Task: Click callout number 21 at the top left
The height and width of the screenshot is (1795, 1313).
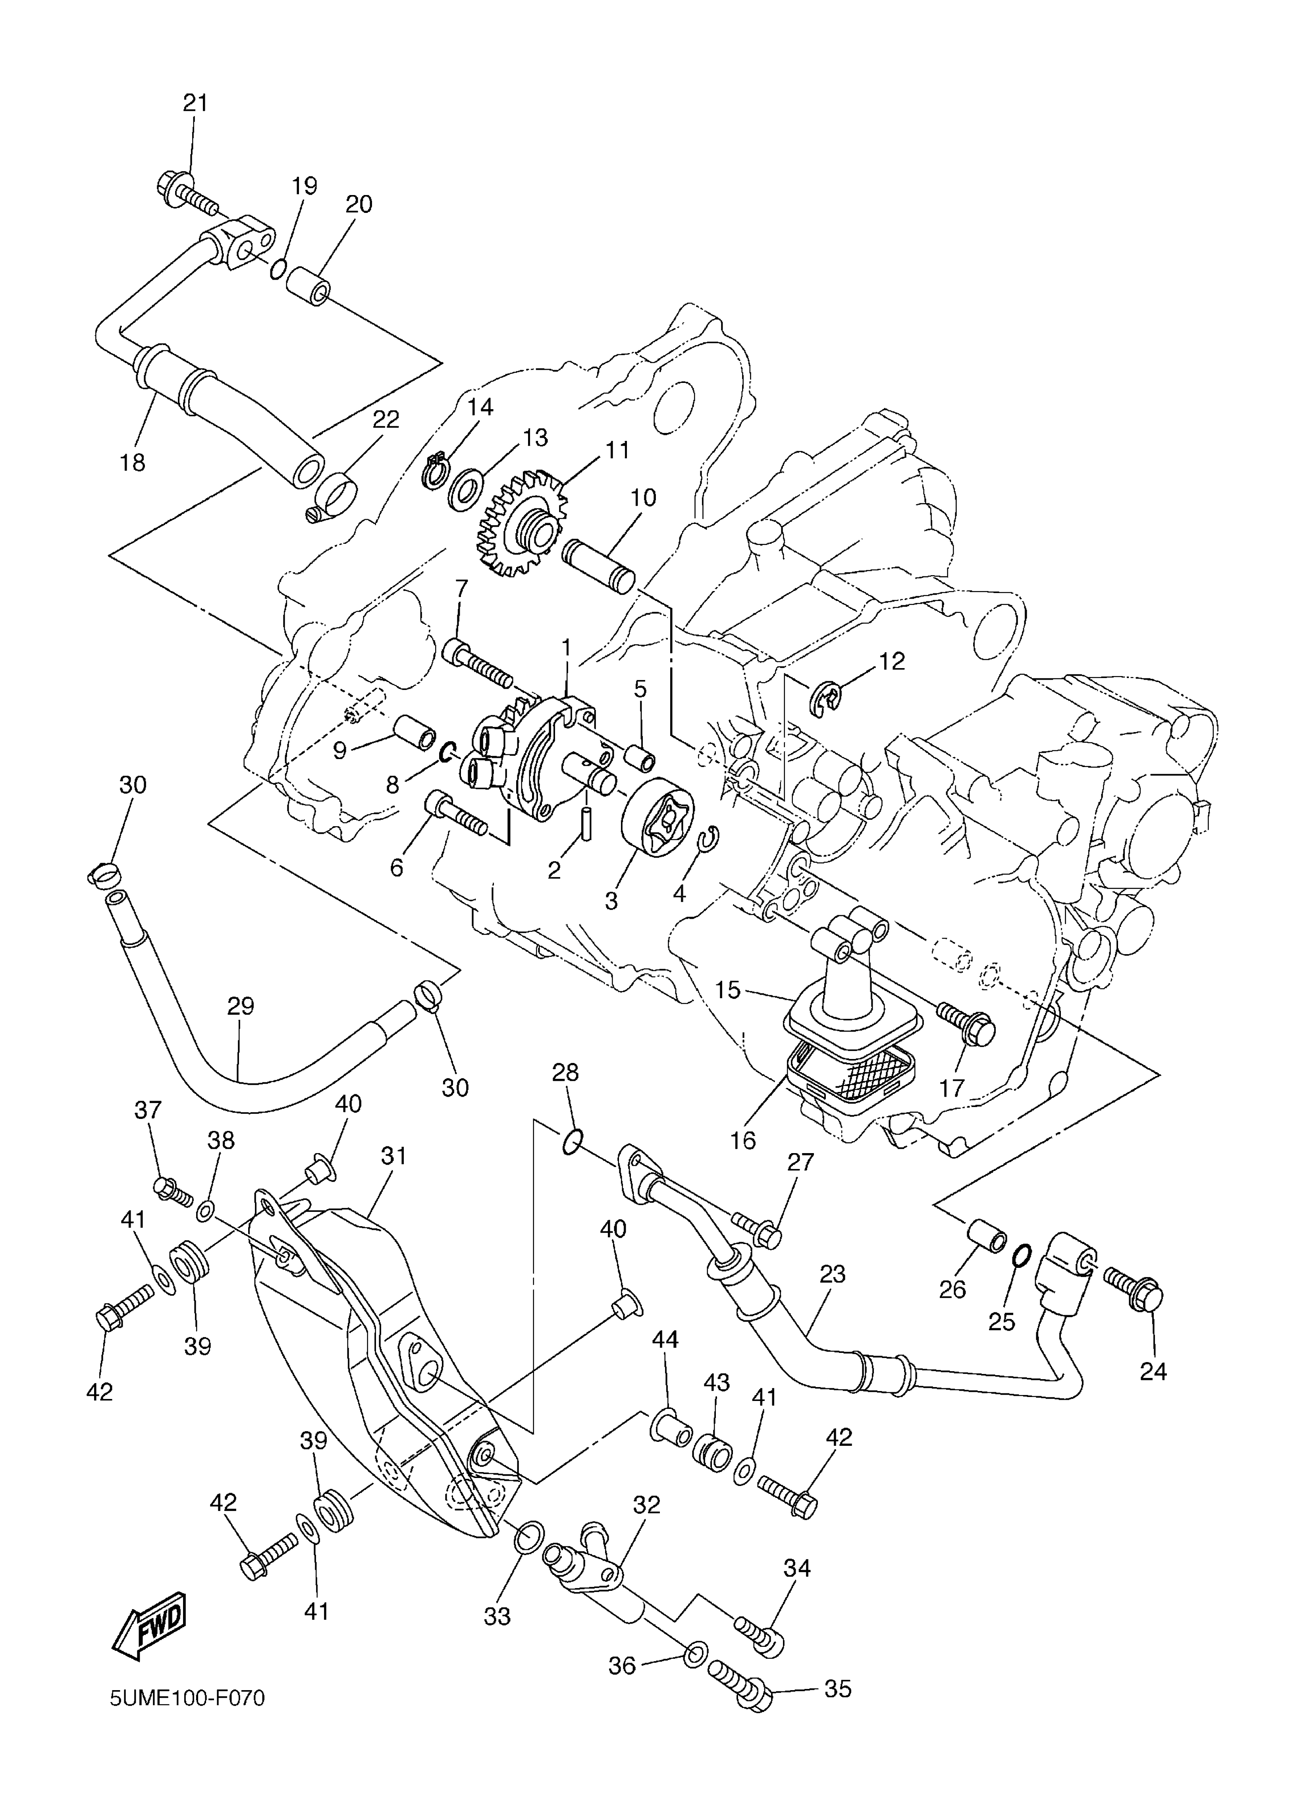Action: tap(195, 102)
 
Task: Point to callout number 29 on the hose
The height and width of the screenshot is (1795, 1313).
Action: tap(241, 1007)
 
